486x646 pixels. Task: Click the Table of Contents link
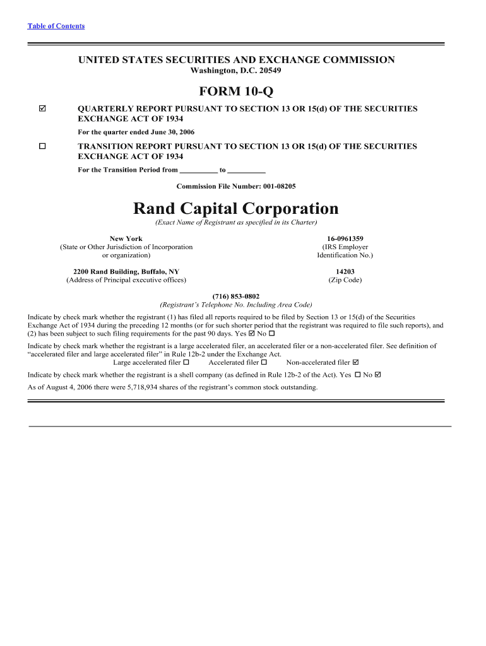pos(56,26)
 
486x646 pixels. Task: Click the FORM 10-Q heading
pos(236,92)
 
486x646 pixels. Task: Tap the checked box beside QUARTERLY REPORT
pos(42,109)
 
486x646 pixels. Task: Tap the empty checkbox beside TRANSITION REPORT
pos(42,146)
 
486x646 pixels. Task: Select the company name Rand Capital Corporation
pos(236,209)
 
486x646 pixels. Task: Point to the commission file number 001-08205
pos(274,187)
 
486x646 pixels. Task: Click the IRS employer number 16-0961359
pos(345,239)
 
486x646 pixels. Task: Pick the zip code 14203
pos(345,272)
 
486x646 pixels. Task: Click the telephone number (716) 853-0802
pos(236,297)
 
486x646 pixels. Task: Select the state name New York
pos(126,239)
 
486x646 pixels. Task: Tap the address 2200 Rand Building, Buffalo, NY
pos(126,272)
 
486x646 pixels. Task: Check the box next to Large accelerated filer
pos(186,363)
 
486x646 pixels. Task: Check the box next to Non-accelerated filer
pos(355,363)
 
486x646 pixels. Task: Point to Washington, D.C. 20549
pos(236,71)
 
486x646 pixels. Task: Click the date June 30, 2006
pos(171,132)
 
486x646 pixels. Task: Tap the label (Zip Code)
pos(345,280)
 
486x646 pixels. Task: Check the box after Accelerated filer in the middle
pos(264,363)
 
